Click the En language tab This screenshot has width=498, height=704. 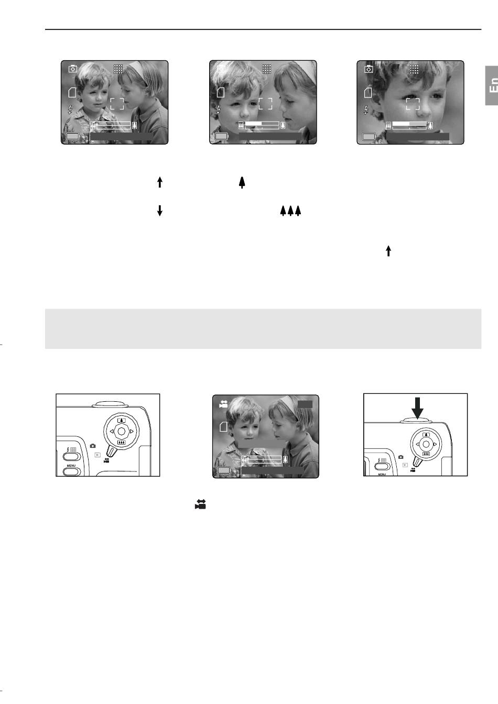(491, 85)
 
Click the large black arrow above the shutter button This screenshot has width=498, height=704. (417, 408)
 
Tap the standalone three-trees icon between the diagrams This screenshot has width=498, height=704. (290, 211)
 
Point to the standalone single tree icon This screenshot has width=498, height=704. (242, 182)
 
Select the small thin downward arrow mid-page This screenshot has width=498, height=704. (160, 211)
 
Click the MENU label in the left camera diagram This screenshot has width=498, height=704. (71, 466)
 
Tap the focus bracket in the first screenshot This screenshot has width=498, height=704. (117, 104)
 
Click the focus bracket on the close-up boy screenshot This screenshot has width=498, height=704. (413, 104)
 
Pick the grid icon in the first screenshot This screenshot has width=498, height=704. (118, 69)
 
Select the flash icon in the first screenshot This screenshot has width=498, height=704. (70, 109)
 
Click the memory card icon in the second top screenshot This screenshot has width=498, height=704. (221, 92)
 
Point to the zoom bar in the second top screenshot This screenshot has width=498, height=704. (262, 125)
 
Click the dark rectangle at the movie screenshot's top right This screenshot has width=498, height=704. (305, 404)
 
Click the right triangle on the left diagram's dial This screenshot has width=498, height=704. (132, 432)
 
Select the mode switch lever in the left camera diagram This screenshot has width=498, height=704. (111, 452)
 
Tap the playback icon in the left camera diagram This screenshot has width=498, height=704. (98, 455)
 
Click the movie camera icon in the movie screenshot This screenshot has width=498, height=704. (223, 404)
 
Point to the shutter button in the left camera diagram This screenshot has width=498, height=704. (107, 404)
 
